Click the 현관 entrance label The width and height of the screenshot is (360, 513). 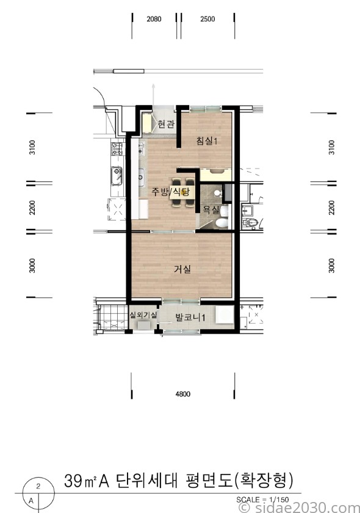coord(166,125)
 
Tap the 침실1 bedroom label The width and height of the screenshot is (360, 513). coord(207,141)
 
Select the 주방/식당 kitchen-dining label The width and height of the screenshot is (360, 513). coord(171,191)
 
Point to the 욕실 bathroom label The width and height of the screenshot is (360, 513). coord(211,209)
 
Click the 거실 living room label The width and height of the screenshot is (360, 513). coord(182,269)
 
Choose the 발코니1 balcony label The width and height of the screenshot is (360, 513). coord(190,318)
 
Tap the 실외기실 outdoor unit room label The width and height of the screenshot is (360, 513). coord(143,315)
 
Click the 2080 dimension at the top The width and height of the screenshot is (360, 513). coord(154,19)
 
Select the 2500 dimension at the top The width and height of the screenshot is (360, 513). coord(207,19)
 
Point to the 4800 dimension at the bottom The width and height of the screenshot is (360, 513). coord(183,394)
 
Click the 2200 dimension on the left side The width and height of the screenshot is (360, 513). coord(32,208)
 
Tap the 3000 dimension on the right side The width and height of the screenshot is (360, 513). coord(331,265)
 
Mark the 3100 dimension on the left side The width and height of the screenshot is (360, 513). coord(32,147)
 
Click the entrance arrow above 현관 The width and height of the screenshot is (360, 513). coord(153,95)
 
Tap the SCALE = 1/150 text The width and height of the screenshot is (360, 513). coord(262,500)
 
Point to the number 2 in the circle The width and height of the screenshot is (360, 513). coord(38,486)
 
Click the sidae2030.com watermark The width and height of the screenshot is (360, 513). coord(299,508)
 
